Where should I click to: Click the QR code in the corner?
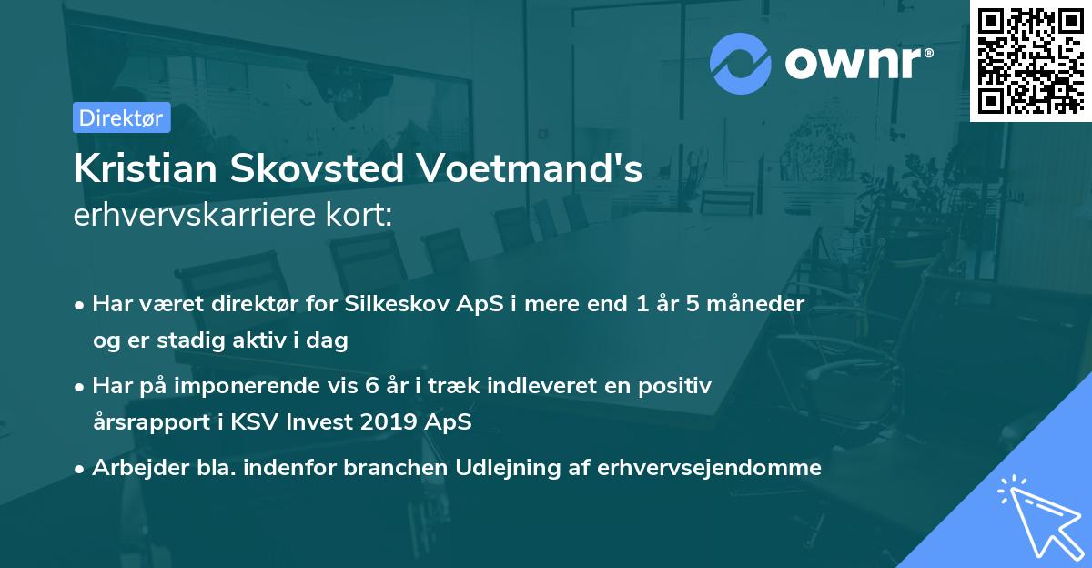pos(1030,60)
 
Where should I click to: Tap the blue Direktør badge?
pos(121,117)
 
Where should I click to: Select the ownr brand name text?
pos(856,63)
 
